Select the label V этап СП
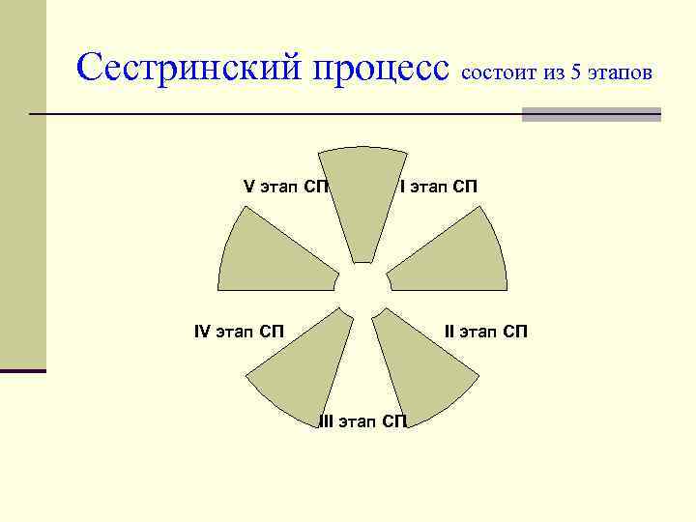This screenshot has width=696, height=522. (286, 186)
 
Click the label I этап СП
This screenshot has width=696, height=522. (439, 186)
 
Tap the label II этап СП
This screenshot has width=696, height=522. (486, 333)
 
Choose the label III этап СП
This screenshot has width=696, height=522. (362, 420)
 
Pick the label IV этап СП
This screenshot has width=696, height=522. (239, 333)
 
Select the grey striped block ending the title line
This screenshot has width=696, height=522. (591, 114)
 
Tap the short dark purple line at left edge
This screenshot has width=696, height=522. (23, 370)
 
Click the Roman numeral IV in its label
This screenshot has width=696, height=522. (202, 333)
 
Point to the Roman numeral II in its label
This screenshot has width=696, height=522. (449, 333)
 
